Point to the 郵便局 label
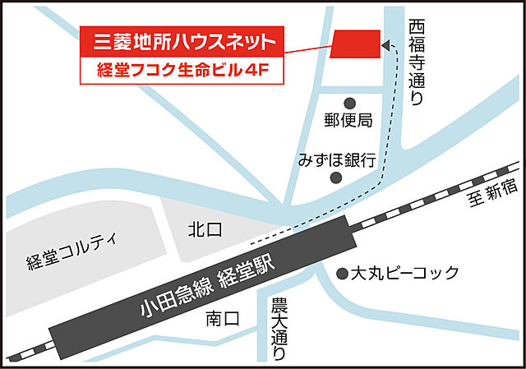point(348,121)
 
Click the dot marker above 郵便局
point(348,103)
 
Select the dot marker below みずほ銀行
point(335,177)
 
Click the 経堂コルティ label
point(72,252)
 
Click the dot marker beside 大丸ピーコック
point(343,273)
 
